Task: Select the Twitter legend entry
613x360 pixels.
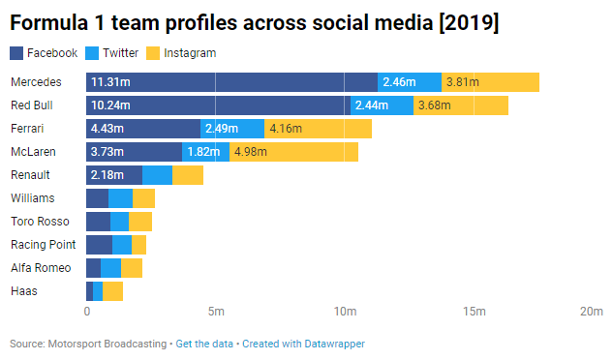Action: click(114, 53)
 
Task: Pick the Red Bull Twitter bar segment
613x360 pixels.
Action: click(382, 105)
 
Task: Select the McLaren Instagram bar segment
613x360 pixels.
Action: click(293, 152)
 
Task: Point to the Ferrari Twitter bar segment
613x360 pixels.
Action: click(232, 129)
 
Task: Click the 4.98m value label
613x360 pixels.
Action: click(251, 152)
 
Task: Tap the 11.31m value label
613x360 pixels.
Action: click(109, 82)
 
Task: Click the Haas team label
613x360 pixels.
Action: click(24, 291)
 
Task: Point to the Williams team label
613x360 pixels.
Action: click(33, 198)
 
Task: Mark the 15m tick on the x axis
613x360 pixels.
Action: click(474, 312)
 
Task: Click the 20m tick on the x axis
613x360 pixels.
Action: click(592, 312)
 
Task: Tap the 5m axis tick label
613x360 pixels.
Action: click(216, 312)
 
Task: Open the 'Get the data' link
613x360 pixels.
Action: click(205, 344)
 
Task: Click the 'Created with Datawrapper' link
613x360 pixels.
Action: click(303, 344)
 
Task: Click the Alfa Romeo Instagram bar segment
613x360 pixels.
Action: click(132, 268)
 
